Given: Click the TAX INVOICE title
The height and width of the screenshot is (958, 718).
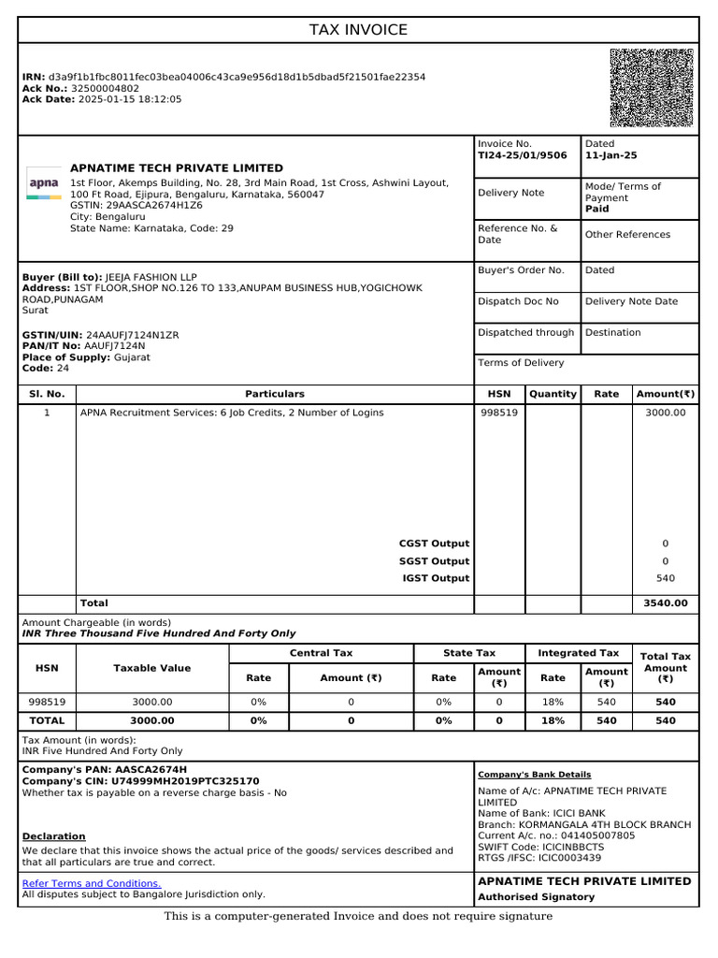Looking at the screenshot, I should (358, 30).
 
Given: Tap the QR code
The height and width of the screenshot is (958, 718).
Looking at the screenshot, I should (652, 88).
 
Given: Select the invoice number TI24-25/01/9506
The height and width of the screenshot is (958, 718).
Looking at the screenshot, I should (522, 156).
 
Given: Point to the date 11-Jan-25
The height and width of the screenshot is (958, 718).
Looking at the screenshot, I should (611, 156).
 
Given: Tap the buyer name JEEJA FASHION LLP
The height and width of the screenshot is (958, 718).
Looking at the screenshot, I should (151, 278).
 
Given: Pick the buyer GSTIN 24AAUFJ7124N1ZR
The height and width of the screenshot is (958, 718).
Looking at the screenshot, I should (132, 335).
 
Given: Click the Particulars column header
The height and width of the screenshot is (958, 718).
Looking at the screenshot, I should (275, 395).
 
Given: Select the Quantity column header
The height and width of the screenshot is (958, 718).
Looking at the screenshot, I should (553, 395).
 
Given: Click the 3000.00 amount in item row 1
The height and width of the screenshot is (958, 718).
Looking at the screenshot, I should (666, 413).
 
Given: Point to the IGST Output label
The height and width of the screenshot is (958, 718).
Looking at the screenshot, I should (435, 579).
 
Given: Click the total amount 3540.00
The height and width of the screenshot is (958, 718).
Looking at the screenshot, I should (666, 604).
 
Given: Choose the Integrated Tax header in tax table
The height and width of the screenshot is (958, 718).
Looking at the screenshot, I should (579, 653).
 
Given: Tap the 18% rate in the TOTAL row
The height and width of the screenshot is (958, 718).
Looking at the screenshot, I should (553, 721).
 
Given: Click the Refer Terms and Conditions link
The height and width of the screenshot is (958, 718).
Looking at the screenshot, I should (92, 884).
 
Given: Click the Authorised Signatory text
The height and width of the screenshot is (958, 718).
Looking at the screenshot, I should (536, 897).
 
